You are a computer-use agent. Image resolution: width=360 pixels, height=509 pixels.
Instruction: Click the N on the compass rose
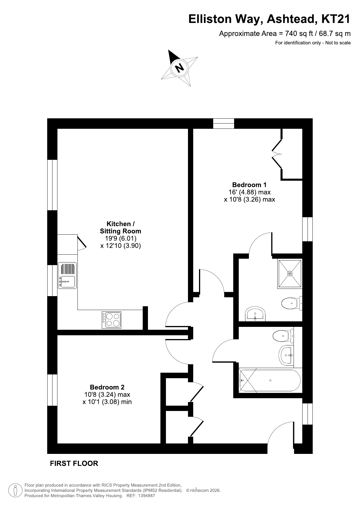coord(180,68)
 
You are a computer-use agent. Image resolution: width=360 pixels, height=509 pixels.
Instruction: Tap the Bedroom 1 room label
coord(249,185)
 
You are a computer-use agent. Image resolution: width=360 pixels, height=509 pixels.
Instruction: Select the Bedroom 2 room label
coord(107,387)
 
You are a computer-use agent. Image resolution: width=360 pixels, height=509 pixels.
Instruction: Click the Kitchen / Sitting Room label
coord(120,227)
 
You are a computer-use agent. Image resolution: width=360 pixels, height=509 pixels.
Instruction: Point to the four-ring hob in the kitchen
coord(111,320)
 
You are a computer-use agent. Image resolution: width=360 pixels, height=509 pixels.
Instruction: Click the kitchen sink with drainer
coord(67,276)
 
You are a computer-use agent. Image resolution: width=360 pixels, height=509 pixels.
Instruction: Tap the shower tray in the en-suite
coord(290,273)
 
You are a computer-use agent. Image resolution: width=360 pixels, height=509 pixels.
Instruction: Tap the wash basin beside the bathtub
coord(286,355)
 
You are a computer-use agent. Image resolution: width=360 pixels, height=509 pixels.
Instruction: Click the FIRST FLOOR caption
coord(74,463)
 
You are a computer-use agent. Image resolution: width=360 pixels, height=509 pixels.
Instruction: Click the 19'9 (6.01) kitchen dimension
coord(121,238)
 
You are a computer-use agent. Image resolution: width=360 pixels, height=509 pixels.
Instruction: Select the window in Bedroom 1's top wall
coord(224,123)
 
